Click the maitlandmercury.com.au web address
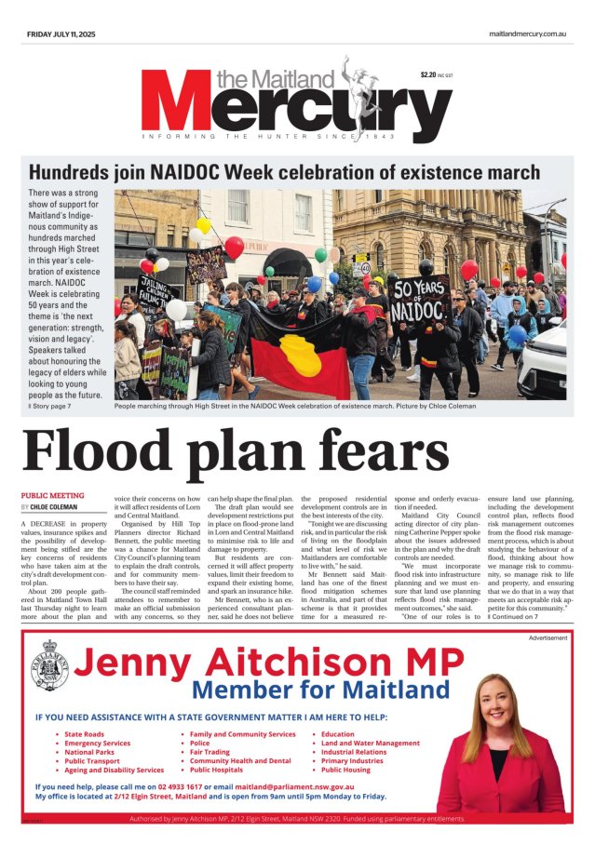(527, 34)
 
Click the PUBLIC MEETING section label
(52, 495)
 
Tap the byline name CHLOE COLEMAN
(59, 507)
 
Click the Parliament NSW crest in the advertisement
(48, 666)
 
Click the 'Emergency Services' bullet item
(98, 744)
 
